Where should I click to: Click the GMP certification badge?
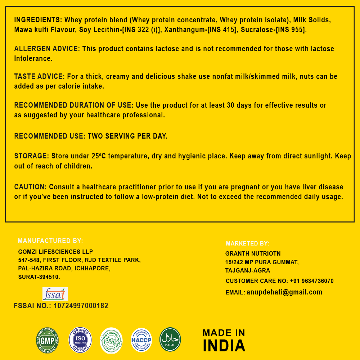click(47, 340)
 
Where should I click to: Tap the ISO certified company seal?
click(80, 340)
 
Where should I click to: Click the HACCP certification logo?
click(141, 340)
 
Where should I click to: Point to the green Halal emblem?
click(170, 339)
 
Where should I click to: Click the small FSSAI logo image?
click(55, 294)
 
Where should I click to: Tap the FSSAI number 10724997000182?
click(81, 306)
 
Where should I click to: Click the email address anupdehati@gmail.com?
click(284, 292)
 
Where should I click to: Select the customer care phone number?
click(312, 281)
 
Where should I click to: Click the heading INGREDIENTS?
click(38, 20)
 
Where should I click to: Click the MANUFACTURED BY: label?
click(50, 241)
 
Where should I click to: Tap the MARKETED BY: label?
click(247, 244)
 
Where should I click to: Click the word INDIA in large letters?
click(224, 346)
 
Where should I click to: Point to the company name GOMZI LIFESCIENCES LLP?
click(55, 252)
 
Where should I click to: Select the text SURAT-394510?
click(39, 277)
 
